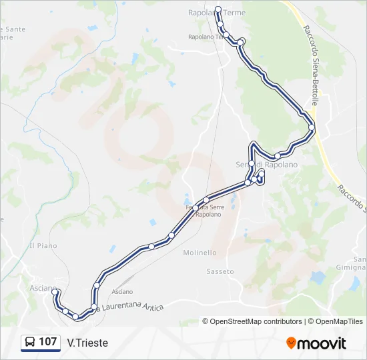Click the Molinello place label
(x=200, y=253)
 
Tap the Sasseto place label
(x=220, y=271)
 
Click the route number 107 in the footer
(x=47, y=342)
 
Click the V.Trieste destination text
(x=87, y=343)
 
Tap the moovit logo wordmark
(x=322, y=343)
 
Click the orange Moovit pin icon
(x=291, y=343)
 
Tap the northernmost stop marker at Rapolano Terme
(x=218, y=9)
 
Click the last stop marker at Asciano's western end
(x=55, y=291)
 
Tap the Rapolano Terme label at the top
(x=217, y=13)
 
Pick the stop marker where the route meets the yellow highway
(x=312, y=127)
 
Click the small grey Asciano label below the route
(x=122, y=292)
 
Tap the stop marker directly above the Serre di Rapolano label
(x=252, y=163)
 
